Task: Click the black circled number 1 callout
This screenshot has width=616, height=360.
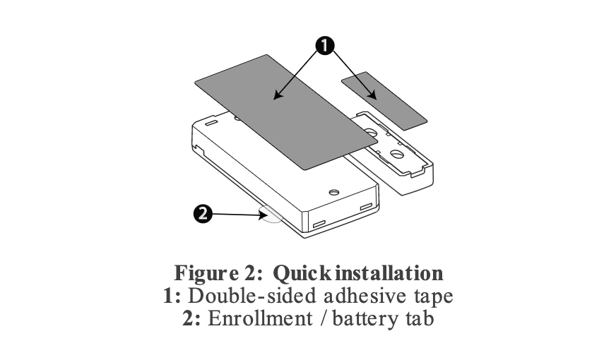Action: point(324,44)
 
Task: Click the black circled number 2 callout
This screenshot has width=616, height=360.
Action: point(203,213)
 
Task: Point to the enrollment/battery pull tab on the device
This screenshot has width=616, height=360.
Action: point(271,214)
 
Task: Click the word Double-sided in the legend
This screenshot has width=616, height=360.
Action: point(233,295)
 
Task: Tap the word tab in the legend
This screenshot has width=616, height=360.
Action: point(418,318)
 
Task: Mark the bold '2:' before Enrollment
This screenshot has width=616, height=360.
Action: point(191,318)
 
